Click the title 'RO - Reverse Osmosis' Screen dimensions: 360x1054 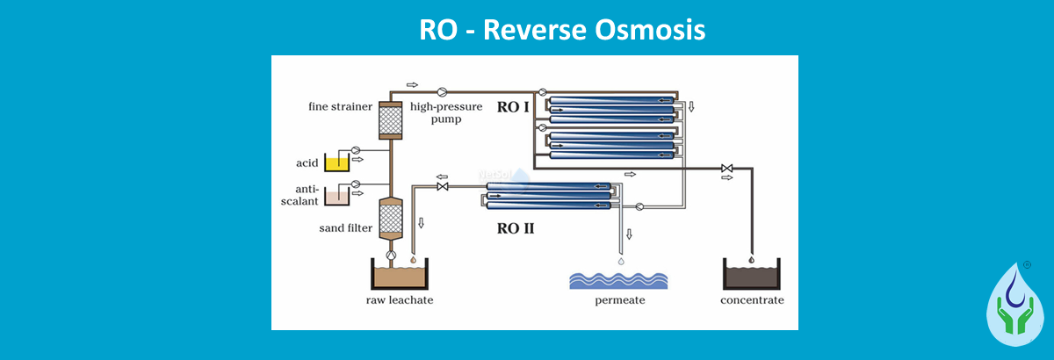pos(562,29)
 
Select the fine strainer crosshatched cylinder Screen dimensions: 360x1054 pos(388,119)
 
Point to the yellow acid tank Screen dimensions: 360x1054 pos(337,163)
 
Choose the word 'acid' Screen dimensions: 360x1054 pos(306,163)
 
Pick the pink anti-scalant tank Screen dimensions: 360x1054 pos(337,197)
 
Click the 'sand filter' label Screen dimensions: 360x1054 pos(346,230)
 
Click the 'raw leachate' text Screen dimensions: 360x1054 pos(400,300)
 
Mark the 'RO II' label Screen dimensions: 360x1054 pos(516,229)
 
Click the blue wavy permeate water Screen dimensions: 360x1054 pos(618,279)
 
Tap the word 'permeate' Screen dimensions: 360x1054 pos(618,300)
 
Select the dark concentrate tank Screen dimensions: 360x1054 pos(752,276)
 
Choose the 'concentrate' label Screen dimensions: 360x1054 pos(752,300)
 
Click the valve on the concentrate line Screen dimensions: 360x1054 pos(726,168)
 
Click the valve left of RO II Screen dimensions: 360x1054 pos(443,187)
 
